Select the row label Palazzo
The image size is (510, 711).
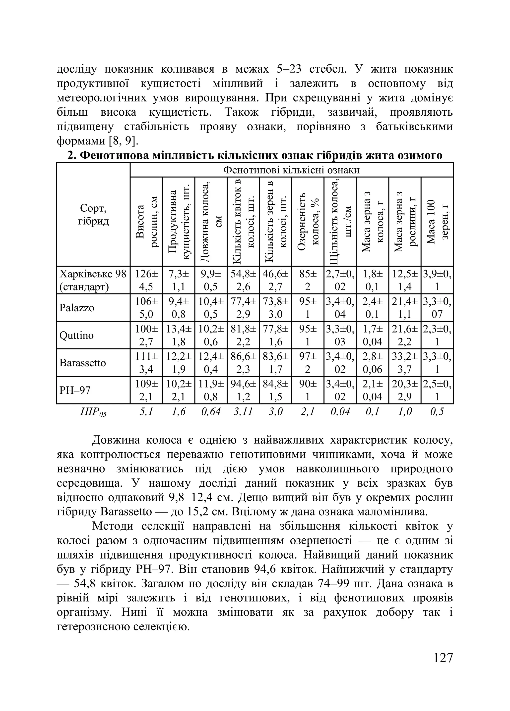(x=77, y=308)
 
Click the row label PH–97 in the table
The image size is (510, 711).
(x=75, y=390)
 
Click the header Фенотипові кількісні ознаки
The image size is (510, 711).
(x=291, y=170)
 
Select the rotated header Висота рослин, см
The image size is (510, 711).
(x=146, y=221)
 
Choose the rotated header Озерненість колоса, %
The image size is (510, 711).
(x=308, y=221)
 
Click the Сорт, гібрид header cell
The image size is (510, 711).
(x=93, y=214)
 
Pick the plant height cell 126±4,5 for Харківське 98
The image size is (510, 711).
(x=146, y=280)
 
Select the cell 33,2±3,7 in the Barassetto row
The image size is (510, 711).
(x=405, y=363)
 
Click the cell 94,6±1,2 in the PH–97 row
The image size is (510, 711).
(x=243, y=390)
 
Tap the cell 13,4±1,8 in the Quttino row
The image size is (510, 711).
(x=179, y=335)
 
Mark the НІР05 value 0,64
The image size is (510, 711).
(x=211, y=412)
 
